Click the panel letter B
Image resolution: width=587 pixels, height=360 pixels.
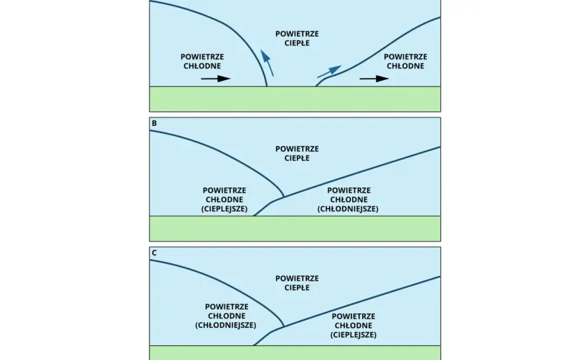[154, 123]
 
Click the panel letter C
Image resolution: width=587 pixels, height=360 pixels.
[154, 253]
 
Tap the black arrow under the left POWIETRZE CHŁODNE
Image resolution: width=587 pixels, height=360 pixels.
[215, 79]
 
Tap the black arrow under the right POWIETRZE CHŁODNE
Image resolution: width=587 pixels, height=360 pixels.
[374, 79]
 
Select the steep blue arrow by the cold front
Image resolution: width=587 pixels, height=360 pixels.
[267, 63]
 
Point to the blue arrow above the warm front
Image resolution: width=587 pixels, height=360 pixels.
[330, 71]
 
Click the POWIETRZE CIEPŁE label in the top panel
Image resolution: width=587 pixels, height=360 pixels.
[298, 39]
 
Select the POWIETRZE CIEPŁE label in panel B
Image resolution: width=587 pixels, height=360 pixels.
[298, 153]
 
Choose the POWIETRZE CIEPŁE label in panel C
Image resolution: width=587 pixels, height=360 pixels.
[298, 283]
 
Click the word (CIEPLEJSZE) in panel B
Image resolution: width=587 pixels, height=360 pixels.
[225, 209]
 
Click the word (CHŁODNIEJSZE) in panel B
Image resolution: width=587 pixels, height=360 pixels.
[348, 209]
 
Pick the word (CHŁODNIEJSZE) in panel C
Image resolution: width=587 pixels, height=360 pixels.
[225, 325]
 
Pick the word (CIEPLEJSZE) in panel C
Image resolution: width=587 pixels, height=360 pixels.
[354, 335]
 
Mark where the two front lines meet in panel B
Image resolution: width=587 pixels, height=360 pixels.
[283, 197]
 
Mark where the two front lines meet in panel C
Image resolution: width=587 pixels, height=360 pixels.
[283, 326]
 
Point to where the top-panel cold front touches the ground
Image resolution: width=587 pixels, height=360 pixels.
[267, 86]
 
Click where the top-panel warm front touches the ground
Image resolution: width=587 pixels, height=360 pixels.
[316, 86]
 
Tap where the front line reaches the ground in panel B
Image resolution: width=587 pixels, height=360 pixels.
[254, 215]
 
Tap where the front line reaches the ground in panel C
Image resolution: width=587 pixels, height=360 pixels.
[254, 345]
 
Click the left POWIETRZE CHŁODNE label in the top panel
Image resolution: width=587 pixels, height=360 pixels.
[202, 61]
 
